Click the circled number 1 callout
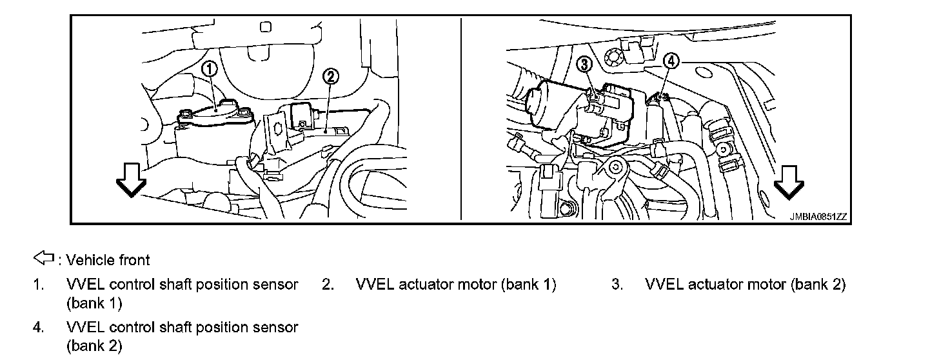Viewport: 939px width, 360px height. (x=210, y=68)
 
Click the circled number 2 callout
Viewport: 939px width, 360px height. (x=330, y=77)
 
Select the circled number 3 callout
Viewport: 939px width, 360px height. (x=584, y=63)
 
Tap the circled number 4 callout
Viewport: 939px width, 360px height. (x=671, y=61)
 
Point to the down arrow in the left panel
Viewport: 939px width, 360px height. (x=131, y=183)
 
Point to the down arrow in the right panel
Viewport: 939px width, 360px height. (x=789, y=183)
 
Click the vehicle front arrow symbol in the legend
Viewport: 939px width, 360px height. (x=43, y=259)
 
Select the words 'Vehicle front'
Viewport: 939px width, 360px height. (x=108, y=260)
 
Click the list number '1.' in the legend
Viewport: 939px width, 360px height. (x=39, y=285)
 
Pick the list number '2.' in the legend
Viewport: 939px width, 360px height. (x=328, y=285)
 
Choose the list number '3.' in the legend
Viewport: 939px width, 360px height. (x=617, y=285)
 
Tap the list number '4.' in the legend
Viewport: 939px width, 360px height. (x=39, y=328)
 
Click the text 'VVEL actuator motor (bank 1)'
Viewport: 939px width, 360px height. (x=455, y=285)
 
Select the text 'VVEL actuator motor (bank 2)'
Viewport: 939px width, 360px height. (x=745, y=285)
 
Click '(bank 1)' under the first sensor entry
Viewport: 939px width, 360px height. (x=94, y=303)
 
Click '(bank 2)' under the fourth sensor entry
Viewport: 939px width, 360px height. (x=94, y=346)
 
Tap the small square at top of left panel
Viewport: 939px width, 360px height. (x=265, y=27)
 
